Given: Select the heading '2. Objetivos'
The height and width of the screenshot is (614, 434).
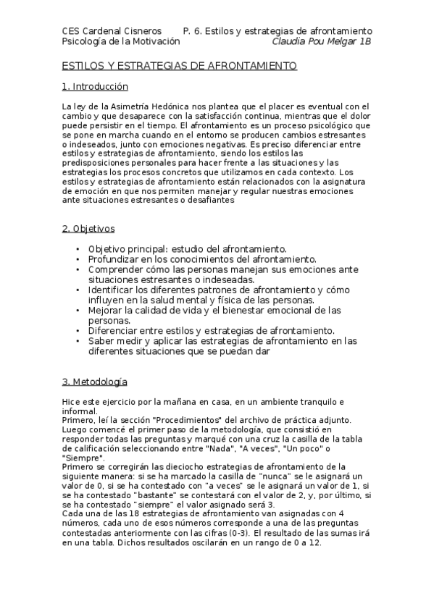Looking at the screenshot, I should tap(88, 229).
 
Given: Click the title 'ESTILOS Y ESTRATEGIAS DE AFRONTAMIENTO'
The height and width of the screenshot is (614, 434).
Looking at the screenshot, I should tap(180, 66).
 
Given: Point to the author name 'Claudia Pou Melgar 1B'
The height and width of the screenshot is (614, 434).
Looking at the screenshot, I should tap(322, 41).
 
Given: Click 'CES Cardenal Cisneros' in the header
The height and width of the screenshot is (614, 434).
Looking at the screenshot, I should tap(112, 31).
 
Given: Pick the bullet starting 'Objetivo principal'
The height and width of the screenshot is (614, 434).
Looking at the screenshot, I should tap(188, 249).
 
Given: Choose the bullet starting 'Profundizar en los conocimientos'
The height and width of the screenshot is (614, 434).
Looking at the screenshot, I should tap(202, 258).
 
